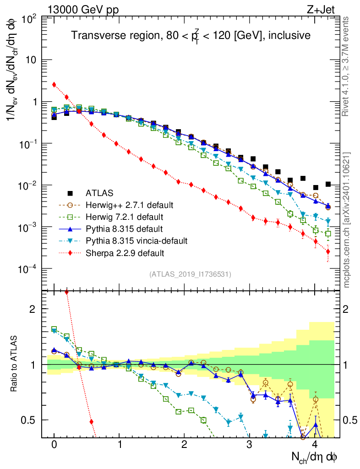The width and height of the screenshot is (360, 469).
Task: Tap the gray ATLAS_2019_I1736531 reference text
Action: coord(190,274)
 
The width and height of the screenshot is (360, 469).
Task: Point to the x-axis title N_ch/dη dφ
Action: coord(315,457)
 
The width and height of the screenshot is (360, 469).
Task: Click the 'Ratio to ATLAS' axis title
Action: coord(15,364)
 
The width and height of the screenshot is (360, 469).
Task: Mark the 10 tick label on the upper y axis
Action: coord(31,60)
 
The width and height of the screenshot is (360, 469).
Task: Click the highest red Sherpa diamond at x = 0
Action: coord(54,84)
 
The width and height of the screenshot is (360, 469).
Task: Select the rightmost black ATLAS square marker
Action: coord(327,184)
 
